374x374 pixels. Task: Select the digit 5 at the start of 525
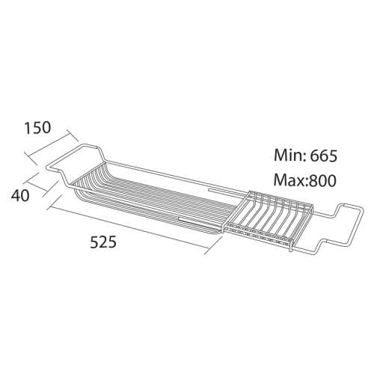pos(95,243)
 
